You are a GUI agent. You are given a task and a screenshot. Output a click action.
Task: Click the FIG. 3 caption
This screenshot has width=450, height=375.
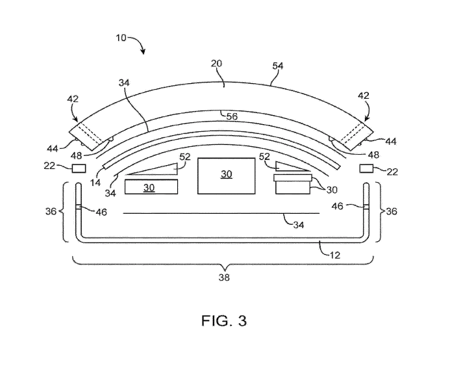224,320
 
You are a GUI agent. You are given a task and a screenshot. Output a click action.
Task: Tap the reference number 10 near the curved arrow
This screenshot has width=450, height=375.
121,38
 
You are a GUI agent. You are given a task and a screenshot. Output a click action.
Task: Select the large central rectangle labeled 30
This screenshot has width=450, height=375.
226,175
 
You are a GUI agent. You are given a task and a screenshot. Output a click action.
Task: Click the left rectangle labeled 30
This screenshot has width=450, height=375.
151,187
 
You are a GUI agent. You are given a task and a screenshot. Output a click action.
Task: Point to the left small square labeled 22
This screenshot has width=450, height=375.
79,168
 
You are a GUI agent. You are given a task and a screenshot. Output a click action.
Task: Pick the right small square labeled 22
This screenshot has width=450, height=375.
366,168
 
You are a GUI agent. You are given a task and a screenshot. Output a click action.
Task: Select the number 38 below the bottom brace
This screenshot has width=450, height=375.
224,278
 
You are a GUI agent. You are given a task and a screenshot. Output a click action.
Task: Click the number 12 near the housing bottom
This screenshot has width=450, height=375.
334,255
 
